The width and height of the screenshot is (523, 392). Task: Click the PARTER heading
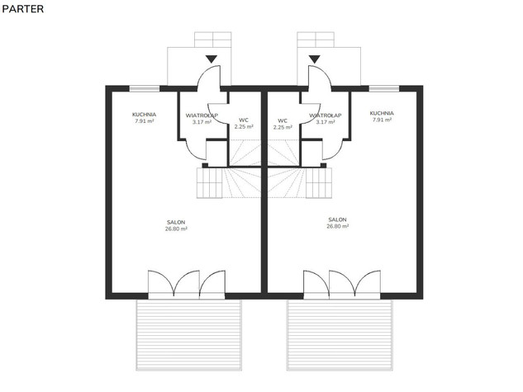(x=22, y=9)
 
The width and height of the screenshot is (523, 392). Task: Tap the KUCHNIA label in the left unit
(x=144, y=115)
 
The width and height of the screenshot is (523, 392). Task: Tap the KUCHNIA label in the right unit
(x=382, y=113)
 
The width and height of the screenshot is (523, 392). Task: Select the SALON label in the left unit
(x=176, y=222)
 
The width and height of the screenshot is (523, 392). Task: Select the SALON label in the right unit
(x=337, y=220)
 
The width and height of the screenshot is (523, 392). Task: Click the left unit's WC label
(x=244, y=120)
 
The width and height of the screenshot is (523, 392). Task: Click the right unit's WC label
(x=283, y=120)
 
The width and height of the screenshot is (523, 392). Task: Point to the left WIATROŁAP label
(x=202, y=116)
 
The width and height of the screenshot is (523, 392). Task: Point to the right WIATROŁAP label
(x=326, y=116)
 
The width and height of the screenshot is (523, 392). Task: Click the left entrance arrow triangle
(x=212, y=59)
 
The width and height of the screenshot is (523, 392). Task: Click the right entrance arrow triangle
(x=314, y=59)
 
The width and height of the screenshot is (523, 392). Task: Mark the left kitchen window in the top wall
(x=145, y=88)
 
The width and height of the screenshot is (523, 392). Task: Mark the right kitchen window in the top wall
(x=384, y=88)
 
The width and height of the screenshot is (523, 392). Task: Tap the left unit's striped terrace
(x=188, y=335)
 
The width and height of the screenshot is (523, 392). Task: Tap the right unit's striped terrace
(x=340, y=335)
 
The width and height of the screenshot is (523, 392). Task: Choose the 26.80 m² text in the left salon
(x=176, y=229)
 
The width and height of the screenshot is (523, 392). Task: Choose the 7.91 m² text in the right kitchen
(x=382, y=120)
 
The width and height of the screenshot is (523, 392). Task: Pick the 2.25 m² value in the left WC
(x=244, y=126)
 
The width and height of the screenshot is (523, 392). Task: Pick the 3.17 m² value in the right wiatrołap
(x=326, y=122)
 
